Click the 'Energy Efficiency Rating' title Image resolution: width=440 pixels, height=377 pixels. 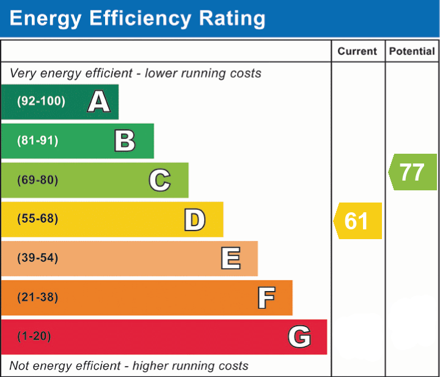tap(137, 19)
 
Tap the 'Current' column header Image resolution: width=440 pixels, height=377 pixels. tap(358, 51)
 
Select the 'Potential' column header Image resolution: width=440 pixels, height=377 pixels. tap(412, 51)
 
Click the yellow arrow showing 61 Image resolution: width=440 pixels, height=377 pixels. tap(358, 221)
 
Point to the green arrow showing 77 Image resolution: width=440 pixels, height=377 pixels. tap(413, 172)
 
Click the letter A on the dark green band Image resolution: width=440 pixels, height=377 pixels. tap(99, 101)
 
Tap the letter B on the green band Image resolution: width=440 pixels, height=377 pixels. tap(125, 141)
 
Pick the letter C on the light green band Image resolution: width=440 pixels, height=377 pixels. tap(159, 180)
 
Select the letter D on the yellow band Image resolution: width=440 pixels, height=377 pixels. tap(195, 220)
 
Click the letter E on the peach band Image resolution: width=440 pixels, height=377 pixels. tap(230, 258)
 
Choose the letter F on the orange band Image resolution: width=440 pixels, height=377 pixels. tap(266, 298)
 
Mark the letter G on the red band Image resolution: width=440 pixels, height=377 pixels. tap(299, 337)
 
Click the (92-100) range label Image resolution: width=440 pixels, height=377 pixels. tap(41, 101)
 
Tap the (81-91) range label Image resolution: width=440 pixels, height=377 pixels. tap(38, 140)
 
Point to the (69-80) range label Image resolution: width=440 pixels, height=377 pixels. tap(38, 180)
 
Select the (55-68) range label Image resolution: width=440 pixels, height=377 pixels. tap(38, 218)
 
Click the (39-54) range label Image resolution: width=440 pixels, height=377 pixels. tap(38, 257)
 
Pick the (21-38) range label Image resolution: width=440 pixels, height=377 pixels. tap(38, 297)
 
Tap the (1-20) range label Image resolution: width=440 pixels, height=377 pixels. tap(34, 336)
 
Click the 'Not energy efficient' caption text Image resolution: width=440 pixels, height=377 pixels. tap(65, 366)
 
